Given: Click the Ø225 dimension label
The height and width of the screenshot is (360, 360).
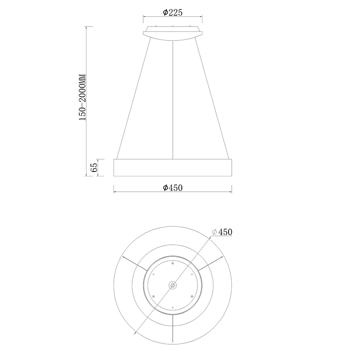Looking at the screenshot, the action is point(173,13).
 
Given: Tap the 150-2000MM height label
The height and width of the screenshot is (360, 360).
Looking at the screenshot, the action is point(82,97).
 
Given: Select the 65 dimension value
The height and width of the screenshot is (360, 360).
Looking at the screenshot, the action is point(94,167).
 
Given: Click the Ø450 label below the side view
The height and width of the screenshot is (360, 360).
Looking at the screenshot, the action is point(173,188).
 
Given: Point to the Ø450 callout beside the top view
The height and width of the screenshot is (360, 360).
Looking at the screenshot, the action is point(222,232).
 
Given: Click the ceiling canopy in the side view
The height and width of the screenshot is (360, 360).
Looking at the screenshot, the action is point(173,33).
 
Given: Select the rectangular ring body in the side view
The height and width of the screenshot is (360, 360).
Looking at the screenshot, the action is point(173,167).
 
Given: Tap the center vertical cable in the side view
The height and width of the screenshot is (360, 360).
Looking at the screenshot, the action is point(173,99).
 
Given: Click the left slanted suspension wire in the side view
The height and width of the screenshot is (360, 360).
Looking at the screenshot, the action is point(134,98).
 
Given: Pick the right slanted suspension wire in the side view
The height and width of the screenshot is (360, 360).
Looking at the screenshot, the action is point(211,98).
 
